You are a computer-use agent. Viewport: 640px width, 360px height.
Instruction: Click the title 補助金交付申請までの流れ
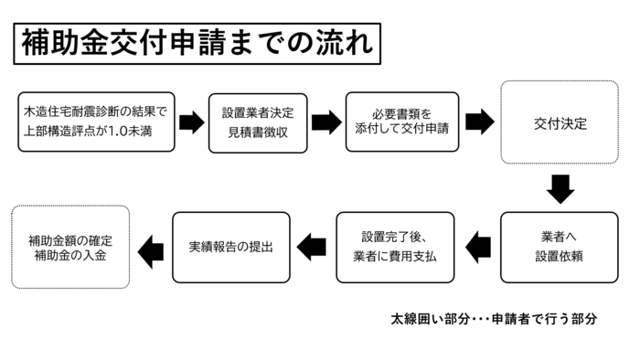[193, 44]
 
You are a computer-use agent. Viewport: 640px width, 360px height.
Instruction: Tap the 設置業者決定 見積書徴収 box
[256, 123]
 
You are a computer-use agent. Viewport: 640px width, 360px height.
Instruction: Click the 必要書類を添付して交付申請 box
[402, 123]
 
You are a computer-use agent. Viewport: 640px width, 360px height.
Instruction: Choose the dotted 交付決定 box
[560, 122]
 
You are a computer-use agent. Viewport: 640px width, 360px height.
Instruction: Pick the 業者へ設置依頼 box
[560, 247]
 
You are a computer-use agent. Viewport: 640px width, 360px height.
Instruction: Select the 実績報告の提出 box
[231, 247]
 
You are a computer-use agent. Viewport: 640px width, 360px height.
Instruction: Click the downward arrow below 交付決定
[560, 188]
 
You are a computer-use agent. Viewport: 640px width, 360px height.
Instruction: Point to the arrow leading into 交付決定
[479, 122]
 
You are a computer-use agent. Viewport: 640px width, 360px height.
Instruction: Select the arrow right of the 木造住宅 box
[191, 122]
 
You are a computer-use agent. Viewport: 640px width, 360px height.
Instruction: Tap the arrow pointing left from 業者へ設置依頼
[477, 246]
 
